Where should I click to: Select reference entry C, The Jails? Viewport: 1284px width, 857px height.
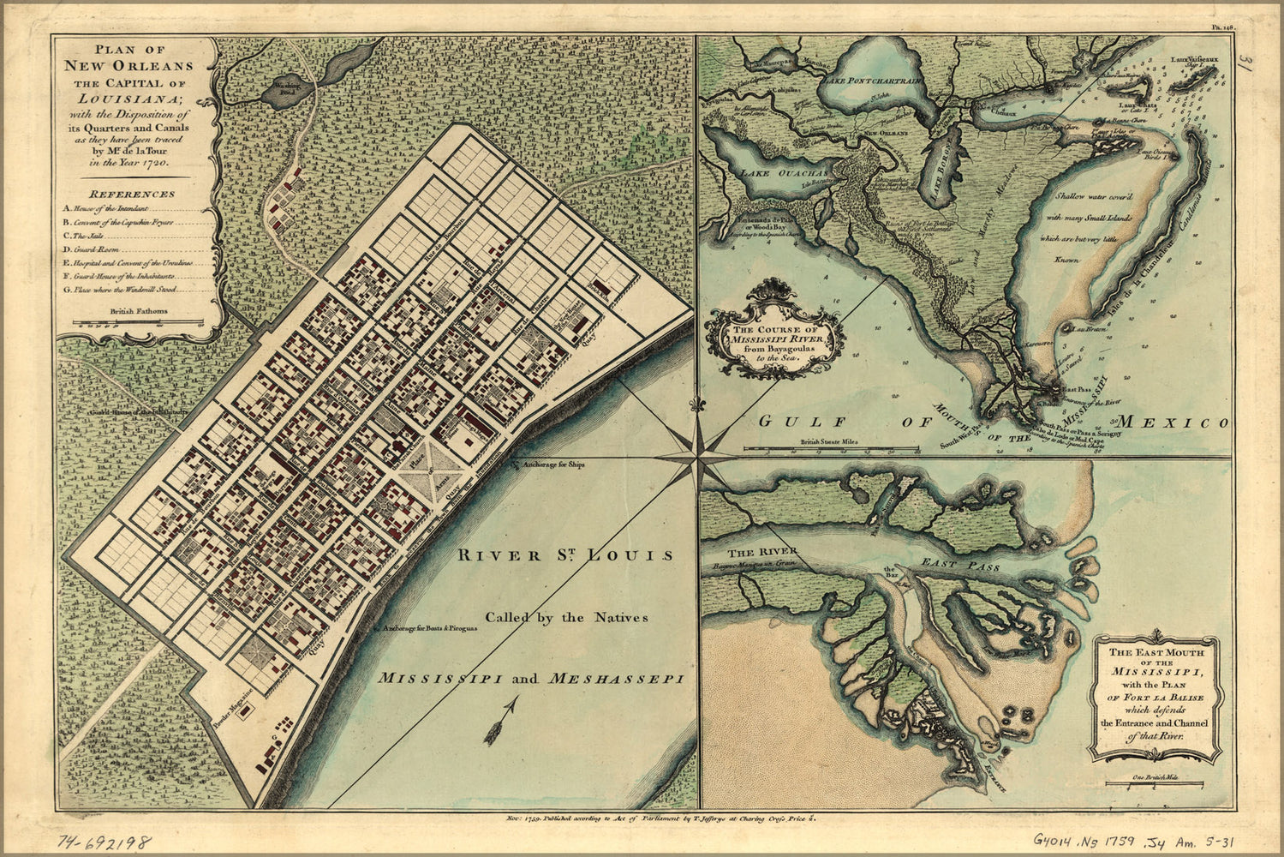click(89, 236)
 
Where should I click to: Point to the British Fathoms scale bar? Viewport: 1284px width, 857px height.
click(137, 323)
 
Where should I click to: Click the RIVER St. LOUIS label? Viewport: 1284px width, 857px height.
click(565, 554)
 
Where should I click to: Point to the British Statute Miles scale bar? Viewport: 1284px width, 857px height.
click(831, 448)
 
